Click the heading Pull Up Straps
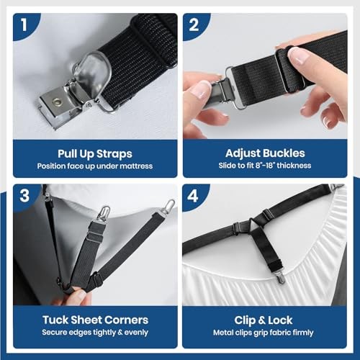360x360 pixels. click(x=95, y=153)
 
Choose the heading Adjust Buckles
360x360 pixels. click(x=265, y=153)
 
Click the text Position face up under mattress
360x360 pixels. click(x=95, y=166)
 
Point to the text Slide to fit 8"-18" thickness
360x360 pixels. click(x=265, y=166)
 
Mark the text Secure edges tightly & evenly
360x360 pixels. click(x=95, y=333)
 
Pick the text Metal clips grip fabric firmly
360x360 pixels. click(x=265, y=333)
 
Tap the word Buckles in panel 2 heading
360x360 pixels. click(x=284, y=153)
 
